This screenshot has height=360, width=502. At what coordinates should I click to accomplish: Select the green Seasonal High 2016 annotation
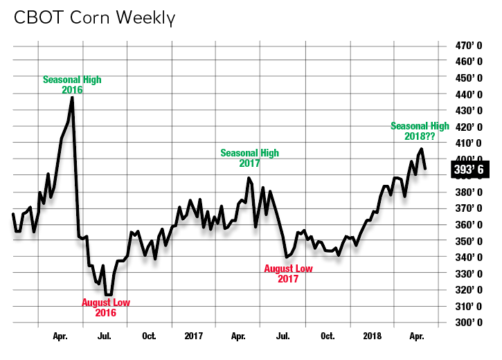[72, 84]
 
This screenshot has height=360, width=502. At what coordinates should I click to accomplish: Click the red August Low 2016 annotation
[105, 307]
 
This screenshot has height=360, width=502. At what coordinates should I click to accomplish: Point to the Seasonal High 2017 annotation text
[249, 158]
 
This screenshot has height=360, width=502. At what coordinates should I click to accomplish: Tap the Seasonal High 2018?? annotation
[420, 131]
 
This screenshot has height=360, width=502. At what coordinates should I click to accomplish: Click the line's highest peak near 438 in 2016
[73, 98]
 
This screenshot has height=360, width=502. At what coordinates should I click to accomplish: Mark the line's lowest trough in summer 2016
[109, 294]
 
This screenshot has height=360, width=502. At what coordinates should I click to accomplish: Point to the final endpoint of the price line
[425, 168]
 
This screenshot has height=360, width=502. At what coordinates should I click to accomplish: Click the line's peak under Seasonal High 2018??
[421, 149]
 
